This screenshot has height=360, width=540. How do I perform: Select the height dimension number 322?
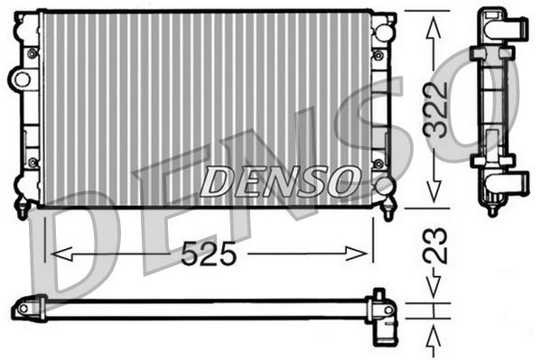pos(436,110)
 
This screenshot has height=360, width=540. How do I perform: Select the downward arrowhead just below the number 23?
pos(435,289)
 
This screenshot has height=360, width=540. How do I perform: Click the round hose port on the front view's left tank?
pos(19,79)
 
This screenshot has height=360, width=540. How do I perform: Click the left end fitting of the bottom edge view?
pos(28,309)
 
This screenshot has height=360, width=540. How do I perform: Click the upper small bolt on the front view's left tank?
pos(33,53)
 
